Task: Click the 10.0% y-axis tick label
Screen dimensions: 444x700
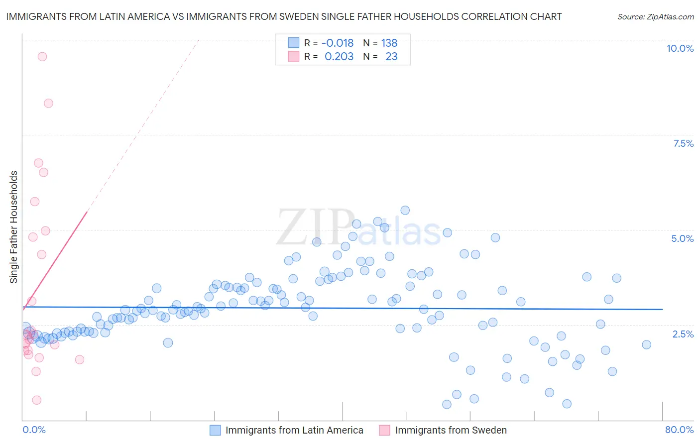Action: pos(680,48)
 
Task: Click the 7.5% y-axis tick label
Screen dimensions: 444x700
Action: pos(683,143)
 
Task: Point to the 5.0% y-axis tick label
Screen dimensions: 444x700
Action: pos(682,238)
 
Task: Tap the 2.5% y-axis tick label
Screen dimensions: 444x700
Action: pos(683,334)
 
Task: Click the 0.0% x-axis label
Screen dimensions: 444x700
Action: pos(34,430)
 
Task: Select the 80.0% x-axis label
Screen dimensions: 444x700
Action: pos(679,430)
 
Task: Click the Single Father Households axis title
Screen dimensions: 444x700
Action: pos(14,227)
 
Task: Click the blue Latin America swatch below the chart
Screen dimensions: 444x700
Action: pos(215,430)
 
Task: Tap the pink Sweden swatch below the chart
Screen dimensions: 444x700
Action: pos(384,430)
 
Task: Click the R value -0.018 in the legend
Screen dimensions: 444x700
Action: pos(337,43)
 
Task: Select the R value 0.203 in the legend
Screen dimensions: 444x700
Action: pos(339,56)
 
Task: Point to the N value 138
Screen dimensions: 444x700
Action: pos(389,43)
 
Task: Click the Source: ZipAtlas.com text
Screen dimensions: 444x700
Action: pos(655,16)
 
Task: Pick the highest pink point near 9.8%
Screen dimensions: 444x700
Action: pos(42,57)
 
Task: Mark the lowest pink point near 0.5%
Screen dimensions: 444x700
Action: pos(36,400)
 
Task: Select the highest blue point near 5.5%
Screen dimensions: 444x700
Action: pos(405,211)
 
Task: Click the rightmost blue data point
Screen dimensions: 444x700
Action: pos(646,344)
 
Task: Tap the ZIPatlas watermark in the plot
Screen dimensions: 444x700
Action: pos(358,227)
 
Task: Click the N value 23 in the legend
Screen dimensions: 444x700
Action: pos(391,56)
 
